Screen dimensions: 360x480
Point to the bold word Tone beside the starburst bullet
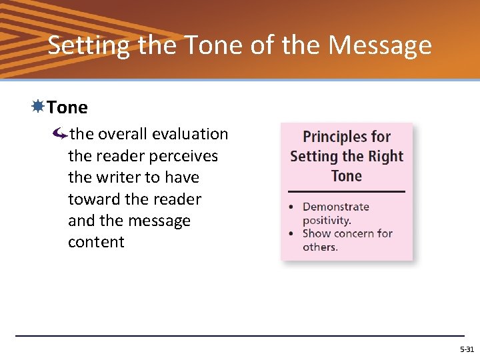click(x=67, y=107)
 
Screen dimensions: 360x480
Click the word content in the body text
click(x=96, y=242)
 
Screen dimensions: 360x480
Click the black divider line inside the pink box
click(x=347, y=191)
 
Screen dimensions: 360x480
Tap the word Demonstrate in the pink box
click(x=335, y=207)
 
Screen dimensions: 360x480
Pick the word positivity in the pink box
click(x=325, y=220)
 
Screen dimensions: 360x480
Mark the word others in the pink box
click(x=319, y=247)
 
